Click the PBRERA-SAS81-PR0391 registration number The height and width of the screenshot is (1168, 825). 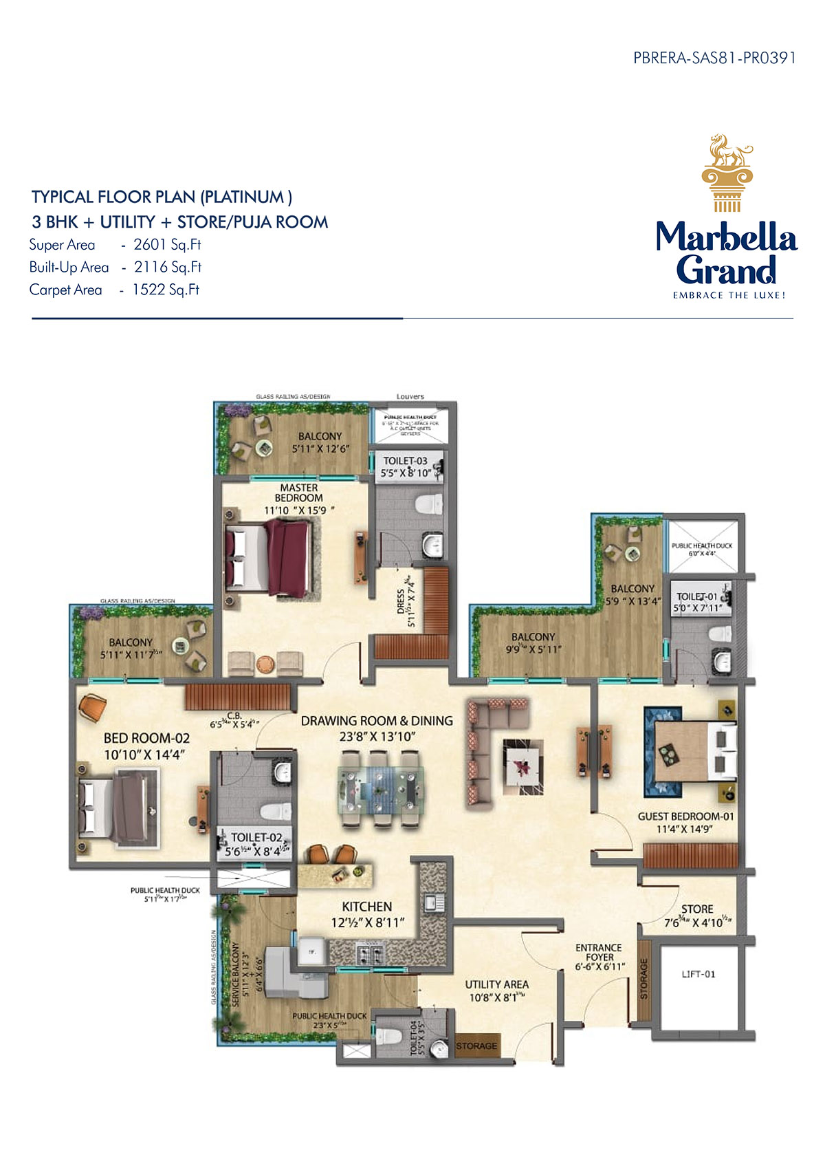point(714,58)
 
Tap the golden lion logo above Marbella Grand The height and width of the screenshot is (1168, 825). point(727,172)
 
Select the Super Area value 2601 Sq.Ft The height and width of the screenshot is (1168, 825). point(167,245)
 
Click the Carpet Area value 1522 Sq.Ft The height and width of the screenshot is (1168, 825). point(166,290)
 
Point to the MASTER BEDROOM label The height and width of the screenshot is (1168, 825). point(299,493)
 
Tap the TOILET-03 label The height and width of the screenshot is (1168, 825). point(405,461)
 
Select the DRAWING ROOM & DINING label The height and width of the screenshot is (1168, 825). point(377,721)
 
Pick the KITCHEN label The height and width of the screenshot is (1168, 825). point(367,907)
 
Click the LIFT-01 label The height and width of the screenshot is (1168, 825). point(698,974)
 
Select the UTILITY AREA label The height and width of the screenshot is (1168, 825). point(496,984)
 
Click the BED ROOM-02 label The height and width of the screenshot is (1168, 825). point(146,738)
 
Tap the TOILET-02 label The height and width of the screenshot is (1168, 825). point(256,838)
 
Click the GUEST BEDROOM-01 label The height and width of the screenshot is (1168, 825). point(685,816)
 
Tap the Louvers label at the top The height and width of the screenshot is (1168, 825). point(410,397)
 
